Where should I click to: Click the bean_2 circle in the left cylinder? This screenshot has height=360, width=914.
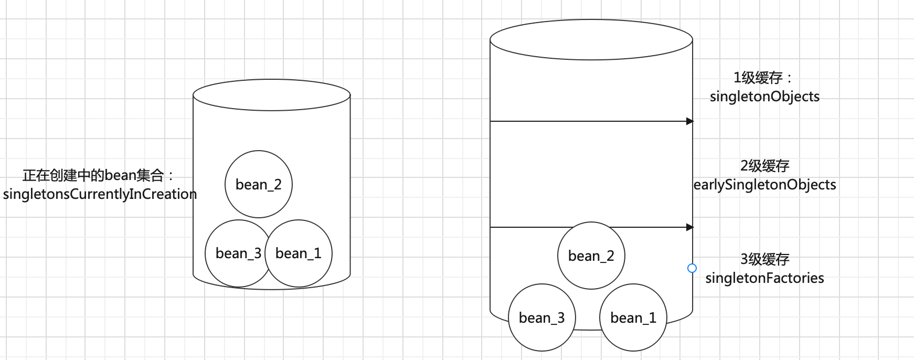pos(258,184)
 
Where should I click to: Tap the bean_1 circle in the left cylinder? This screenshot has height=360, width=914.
pos(299,253)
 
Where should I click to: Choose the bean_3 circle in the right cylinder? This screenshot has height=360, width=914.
pos(541,317)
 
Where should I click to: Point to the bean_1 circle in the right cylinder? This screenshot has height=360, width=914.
pos(633,317)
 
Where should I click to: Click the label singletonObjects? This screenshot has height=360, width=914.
pos(764,97)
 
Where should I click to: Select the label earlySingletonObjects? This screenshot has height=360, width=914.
pos(764,185)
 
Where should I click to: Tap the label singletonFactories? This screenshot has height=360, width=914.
pos(764,278)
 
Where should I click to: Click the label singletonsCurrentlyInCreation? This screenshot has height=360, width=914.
pos(100,194)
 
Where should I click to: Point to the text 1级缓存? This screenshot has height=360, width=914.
pos(759,78)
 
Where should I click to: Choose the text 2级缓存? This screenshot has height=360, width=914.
pos(764,166)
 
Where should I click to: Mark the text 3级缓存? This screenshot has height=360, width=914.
pos(764,259)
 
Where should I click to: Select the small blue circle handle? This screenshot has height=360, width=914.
pos(692,268)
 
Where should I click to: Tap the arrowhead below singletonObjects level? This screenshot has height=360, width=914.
pos(690,121)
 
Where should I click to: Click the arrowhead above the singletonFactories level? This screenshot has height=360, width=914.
pos(690,227)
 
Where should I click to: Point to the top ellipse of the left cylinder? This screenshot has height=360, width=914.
pos(271,95)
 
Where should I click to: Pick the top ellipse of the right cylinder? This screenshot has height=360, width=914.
pos(591,39)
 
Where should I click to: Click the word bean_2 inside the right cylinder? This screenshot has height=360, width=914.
pos(591,256)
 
